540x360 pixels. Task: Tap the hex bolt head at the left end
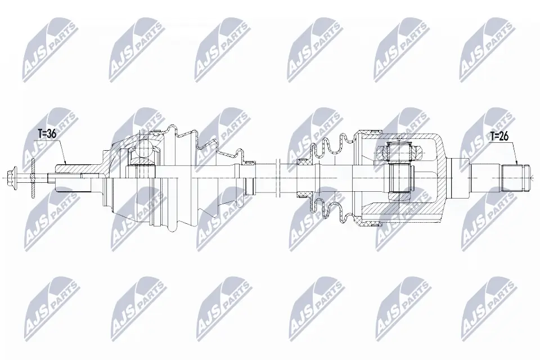click(14, 178)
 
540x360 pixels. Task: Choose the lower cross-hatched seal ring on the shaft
click(304, 195)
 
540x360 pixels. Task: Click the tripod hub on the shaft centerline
click(400, 178)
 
